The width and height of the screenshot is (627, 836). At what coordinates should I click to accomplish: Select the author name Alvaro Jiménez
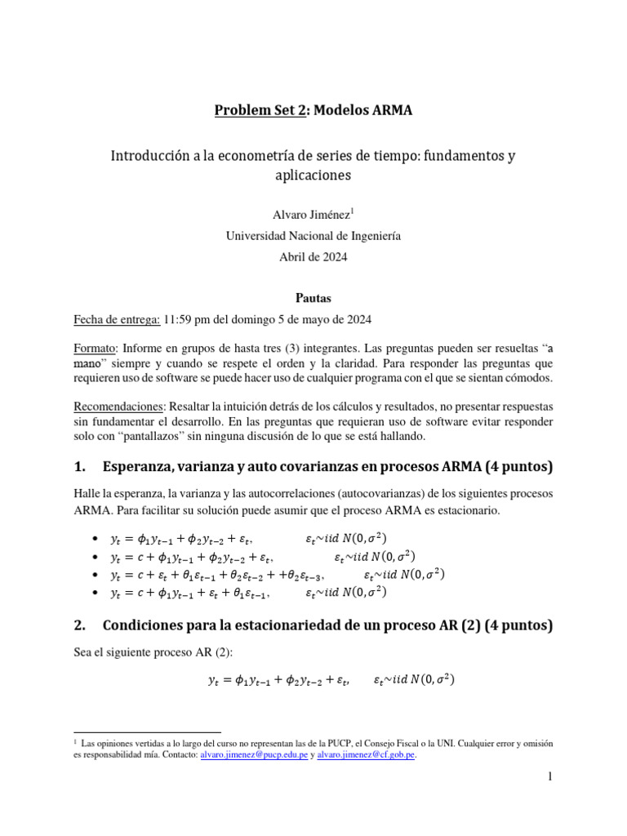pyautogui.click(x=309, y=214)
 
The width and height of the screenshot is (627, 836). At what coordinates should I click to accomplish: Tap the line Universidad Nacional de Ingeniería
pyautogui.click(x=313, y=235)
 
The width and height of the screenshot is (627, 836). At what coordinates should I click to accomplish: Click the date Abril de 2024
pyautogui.click(x=313, y=256)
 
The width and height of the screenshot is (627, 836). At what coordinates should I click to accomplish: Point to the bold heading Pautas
pyautogui.click(x=313, y=299)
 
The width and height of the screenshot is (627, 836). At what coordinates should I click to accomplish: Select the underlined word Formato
pyautogui.click(x=96, y=346)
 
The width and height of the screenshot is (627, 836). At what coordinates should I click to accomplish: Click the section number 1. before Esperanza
pyautogui.click(x=80, y=468)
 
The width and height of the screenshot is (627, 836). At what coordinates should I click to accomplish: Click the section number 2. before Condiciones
pyautogui.click(x=80, y=626)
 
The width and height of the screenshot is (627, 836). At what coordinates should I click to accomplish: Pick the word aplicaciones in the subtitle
pyautogui.click(x=313, y=175)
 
